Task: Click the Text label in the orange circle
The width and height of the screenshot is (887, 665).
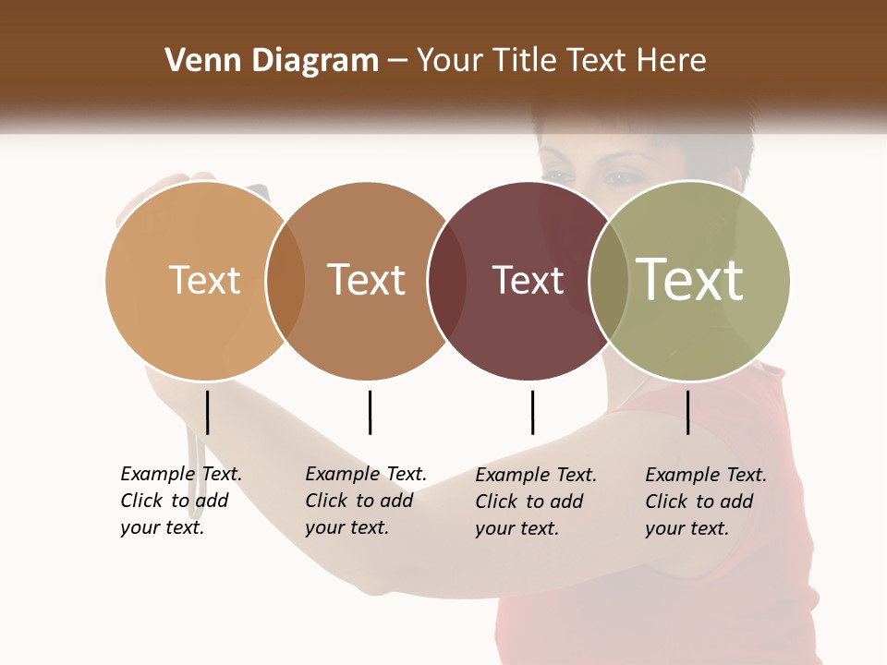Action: pos(204,280)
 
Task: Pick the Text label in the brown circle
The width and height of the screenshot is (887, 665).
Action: pos(366,280)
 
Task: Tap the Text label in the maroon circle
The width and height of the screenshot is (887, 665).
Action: pos(528,281)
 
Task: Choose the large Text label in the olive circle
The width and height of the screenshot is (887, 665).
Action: pos(690,280)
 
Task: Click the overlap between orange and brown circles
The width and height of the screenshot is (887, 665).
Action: pos(286,280)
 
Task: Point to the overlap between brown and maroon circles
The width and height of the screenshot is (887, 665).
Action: pos(446,280)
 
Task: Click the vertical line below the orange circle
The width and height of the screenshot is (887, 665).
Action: pos(208,412)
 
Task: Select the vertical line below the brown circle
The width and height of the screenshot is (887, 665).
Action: pos(370,412)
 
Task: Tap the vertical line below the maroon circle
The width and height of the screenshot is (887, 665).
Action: pos(532,412)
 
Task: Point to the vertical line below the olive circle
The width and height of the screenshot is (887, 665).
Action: pos(688,412)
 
